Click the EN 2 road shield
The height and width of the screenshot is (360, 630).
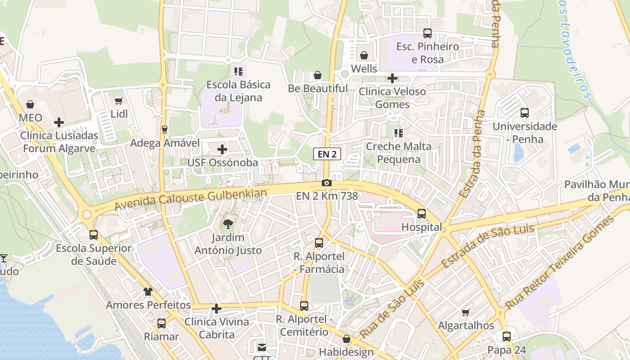[327, 154]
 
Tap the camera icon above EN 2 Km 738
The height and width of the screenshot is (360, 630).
[327, 183]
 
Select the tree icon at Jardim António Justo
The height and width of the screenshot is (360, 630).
[228, 224]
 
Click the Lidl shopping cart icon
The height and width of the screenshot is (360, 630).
[119, 101]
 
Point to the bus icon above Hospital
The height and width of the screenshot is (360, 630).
[422, 214]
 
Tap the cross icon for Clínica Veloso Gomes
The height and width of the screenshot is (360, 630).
[392, 78]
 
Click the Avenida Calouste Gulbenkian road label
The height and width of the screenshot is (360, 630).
[191, 199]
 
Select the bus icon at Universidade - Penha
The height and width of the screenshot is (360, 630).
[525, 113]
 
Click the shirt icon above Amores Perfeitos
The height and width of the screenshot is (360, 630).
[148, 292]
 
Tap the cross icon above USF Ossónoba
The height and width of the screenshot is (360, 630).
[222, 149]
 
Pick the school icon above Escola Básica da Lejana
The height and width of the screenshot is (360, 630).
[238, 71]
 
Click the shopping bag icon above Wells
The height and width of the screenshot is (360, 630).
[364, 55]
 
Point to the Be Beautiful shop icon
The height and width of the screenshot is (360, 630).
[318, 75]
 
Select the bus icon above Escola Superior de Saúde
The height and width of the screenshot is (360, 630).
[94, 234]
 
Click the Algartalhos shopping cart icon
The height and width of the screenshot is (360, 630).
[466, 312]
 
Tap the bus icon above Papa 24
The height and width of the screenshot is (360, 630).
[507, 336]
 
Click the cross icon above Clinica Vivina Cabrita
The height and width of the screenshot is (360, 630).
[216, 309]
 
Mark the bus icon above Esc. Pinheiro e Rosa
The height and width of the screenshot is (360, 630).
[427, 33]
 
